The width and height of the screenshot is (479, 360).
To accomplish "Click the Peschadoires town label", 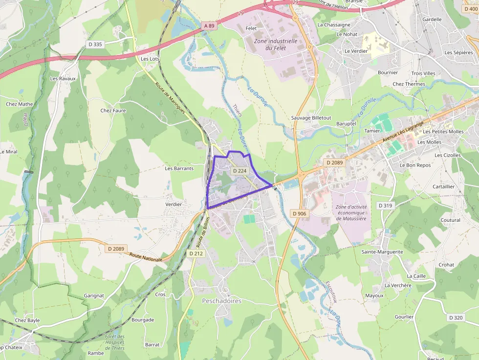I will coord(221,301).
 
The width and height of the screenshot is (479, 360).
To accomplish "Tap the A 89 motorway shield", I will coord(209,25).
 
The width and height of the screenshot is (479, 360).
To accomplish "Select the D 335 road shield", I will coord(95,44).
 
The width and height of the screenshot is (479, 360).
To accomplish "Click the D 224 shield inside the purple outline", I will coord(239,171).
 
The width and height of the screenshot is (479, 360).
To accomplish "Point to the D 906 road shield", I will coord(299,213).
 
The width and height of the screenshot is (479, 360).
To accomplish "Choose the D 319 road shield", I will coord(385,206).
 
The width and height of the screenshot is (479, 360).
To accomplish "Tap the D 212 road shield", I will coord(196,254).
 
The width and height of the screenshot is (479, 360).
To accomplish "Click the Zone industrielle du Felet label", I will coord(275,44).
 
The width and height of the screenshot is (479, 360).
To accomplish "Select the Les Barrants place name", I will coord(179,169).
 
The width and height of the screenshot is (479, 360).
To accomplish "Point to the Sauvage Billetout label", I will coord(311,118).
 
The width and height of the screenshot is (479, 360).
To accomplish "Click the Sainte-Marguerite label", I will coord(382,252).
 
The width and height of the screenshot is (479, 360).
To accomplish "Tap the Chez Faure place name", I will coord(113,110).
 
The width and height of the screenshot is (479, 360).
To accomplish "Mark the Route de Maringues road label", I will coord(170,98).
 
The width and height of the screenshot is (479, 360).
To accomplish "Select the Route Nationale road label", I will coord(146,257).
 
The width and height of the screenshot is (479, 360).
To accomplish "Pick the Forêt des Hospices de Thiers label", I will coord(115,342).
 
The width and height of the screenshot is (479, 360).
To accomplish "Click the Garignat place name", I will coord(94,296).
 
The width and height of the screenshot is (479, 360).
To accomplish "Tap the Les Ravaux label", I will coord(63,78).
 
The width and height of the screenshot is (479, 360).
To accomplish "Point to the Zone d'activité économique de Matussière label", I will coord(351,212).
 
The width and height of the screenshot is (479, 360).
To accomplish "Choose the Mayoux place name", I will coord(374,296).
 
